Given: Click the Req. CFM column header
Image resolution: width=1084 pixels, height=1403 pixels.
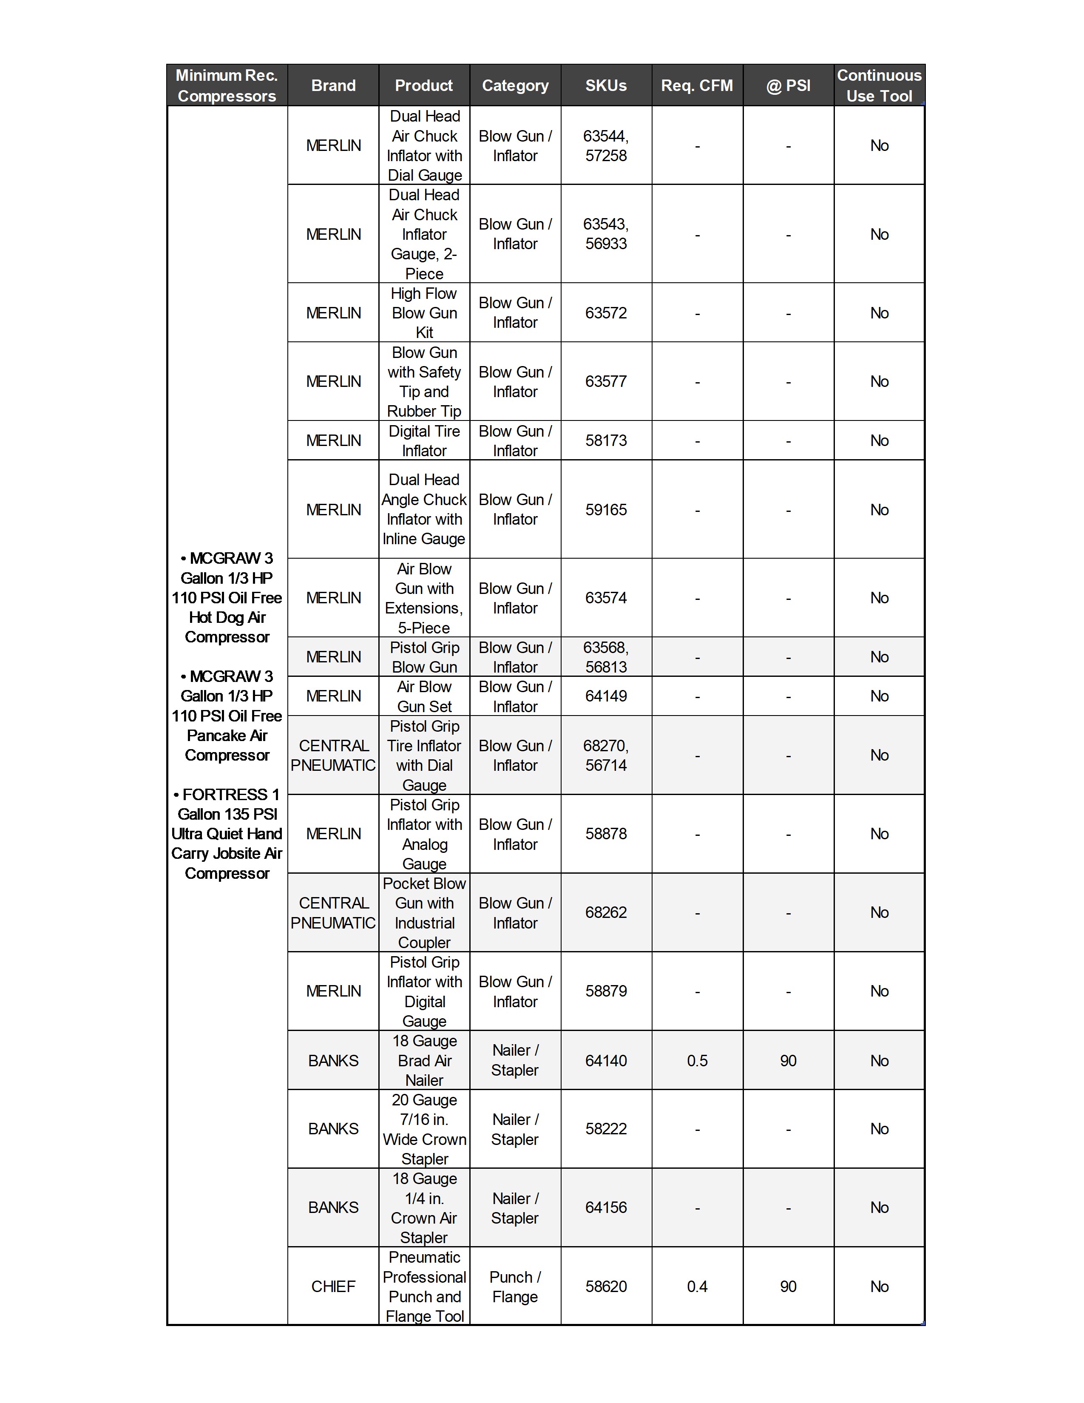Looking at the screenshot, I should coord(697,85).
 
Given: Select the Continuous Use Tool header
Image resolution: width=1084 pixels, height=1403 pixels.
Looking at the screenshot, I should coord(879,85).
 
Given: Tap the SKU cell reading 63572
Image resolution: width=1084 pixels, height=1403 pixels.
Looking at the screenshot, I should coord(606,313).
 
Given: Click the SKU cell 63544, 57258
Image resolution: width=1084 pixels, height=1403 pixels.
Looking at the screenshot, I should coord(606,146).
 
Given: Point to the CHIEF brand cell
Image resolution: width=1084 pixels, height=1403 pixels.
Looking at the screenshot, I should coord(333,1286).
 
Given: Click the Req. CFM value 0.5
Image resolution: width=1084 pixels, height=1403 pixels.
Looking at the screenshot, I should coord(697,1061).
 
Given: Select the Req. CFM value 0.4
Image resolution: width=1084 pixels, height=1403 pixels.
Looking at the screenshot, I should coord(697,1286).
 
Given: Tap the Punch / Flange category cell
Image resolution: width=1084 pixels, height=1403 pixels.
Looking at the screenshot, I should coord(515,1286).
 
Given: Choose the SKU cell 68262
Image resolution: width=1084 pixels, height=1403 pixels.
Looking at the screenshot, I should coord(606,912).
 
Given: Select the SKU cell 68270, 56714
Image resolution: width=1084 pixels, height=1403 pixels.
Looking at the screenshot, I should coord(606,755).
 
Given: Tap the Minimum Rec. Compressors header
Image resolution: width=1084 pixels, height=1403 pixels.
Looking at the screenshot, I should coord(227,85).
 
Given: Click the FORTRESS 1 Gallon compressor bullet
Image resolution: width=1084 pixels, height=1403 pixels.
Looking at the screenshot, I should coord(227,834).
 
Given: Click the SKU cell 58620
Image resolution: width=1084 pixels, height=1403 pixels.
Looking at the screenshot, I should coord(606,1286).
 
